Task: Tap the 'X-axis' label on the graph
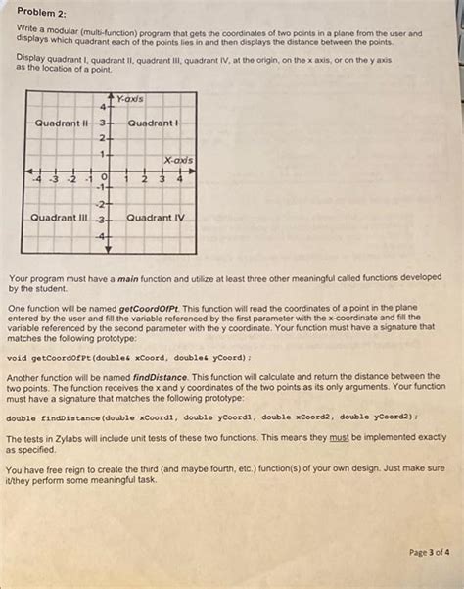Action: pyautogui.click(x=177, y=159)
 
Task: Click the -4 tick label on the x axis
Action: pyautogui.click(x=37, y=180)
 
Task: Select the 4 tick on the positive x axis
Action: pyautogui.click(x=180, y=179)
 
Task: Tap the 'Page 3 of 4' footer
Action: pyautogui.click(x=429, y=552)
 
